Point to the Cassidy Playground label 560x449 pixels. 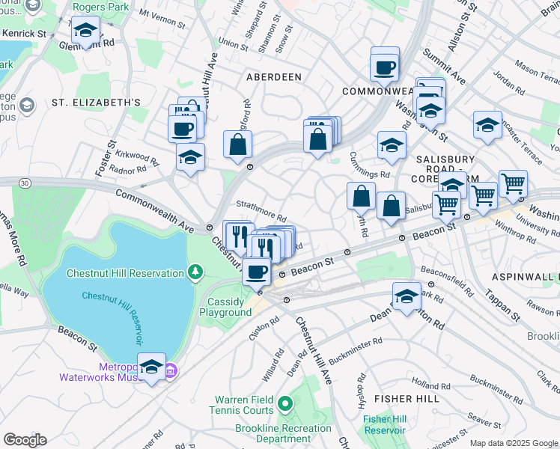click(x=225, y=307)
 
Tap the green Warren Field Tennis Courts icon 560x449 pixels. click(x=284, y=405)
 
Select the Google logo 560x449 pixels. click(x=25, y=439)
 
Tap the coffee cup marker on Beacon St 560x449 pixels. click(x=257, y=272)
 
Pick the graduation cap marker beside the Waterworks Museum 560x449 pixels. click(x=151, y=367)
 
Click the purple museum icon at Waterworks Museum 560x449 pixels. click(x=171, y=370)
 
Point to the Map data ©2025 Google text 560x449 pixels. click(x=514, y=443)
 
